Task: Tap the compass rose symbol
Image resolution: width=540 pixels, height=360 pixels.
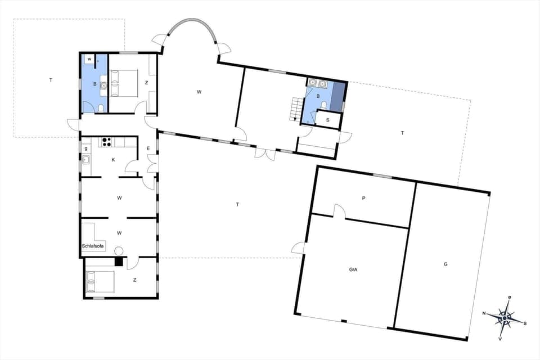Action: point(505,318)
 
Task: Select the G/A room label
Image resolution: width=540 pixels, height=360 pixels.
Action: point(353,270)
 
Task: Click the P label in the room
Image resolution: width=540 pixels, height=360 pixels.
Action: point(364,198)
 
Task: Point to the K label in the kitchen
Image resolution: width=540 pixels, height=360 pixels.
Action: point(113,160)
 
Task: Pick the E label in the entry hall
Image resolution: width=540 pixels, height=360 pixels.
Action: point(148,148)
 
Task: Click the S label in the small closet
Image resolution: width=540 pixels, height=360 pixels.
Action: point(328,120)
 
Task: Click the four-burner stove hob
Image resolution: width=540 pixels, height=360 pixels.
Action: point(106,142)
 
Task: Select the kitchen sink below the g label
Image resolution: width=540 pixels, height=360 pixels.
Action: point(86,160)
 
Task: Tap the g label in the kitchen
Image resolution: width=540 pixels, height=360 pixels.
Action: point(85,148)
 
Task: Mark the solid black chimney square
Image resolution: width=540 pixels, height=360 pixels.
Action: point(119,261)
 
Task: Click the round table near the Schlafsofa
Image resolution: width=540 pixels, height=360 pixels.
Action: point(119,251)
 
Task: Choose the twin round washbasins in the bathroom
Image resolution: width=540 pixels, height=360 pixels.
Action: point(318,85)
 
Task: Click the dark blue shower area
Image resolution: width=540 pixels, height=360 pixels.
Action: point(337,96)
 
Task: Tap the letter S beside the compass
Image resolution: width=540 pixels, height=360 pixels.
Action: point(525,323)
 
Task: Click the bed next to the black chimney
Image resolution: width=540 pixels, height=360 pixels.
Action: point(100,281)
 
